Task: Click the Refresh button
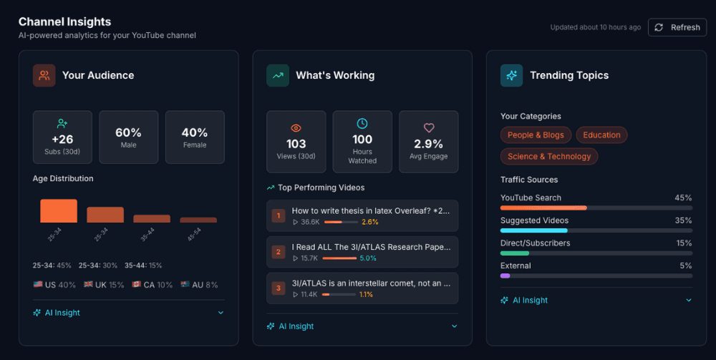coord(677,27)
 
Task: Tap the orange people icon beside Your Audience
coord(44,75)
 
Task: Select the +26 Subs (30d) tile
coord(62,137)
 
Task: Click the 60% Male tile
coord(128,137)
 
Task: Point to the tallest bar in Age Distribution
coord(59,211)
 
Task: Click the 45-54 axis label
coord(194,234)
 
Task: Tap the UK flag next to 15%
coord(89,285)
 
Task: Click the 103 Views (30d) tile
coord(296,142)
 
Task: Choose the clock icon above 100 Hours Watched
coord(362,123)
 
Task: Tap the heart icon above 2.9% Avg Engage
coord(429,128)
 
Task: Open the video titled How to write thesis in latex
coord(371,211)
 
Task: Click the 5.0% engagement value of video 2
coord(368,258)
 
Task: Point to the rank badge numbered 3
coord(279,288)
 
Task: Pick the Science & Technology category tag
coord(549,156)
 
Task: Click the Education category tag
coord(601,135)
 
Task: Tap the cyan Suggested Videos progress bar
coord(534,230)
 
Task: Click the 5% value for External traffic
coord(685,266)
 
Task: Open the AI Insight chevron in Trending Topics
coord(689,300)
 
